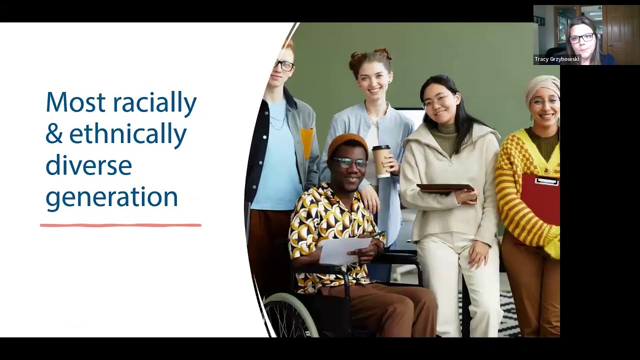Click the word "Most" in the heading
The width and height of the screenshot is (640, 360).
coord(75,102)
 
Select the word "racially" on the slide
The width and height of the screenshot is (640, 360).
coord(155,103)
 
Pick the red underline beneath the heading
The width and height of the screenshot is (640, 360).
coord(120,225)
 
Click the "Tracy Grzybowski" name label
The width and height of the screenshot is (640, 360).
coord(557,59)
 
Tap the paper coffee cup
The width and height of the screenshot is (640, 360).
coord(381,161)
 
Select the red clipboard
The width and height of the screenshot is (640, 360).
coord(540,199)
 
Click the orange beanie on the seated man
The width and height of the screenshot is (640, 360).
coord(347,145)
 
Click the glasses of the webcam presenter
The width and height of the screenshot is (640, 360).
coord(582,38)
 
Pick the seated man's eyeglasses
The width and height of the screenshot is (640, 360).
coord(350,163)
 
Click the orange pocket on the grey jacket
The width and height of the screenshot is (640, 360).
coord(306,143)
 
